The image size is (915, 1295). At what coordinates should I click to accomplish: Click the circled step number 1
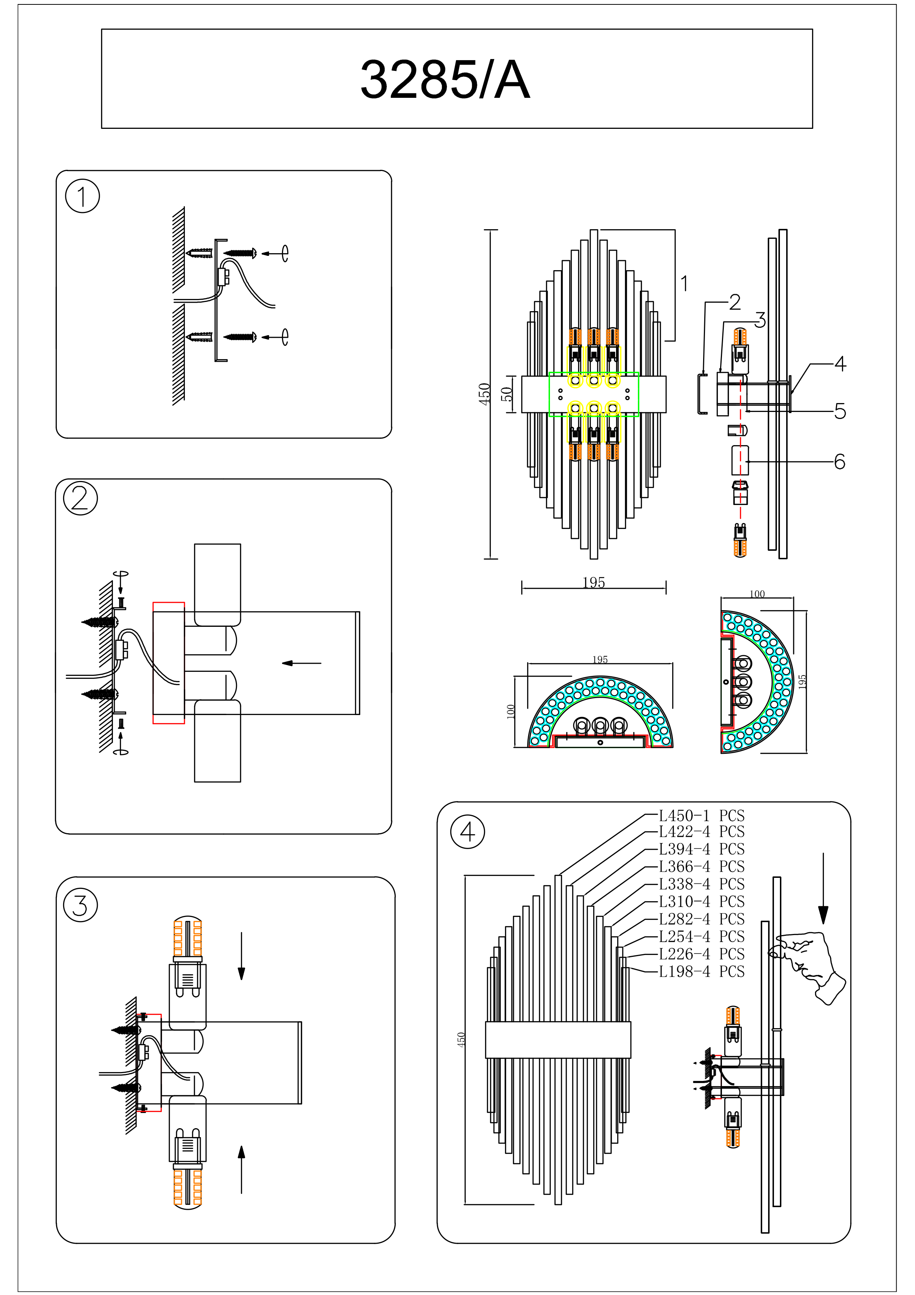coord(82,196)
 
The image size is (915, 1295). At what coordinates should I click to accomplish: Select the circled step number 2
coord(80,499)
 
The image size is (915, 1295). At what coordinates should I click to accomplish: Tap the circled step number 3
coord(80,905)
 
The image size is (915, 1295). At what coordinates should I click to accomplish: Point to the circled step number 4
coord(467,832)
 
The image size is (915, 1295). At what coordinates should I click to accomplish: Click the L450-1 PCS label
coord(701,815)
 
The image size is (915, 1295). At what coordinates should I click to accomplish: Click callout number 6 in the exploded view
coord(839,462)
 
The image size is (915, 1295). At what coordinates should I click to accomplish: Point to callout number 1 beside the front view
coord(684,284)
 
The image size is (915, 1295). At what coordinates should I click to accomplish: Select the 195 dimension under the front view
coord(594,583)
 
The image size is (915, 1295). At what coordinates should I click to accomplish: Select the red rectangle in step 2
coord(169,663)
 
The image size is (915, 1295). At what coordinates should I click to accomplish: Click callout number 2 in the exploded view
coord(735,302)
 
